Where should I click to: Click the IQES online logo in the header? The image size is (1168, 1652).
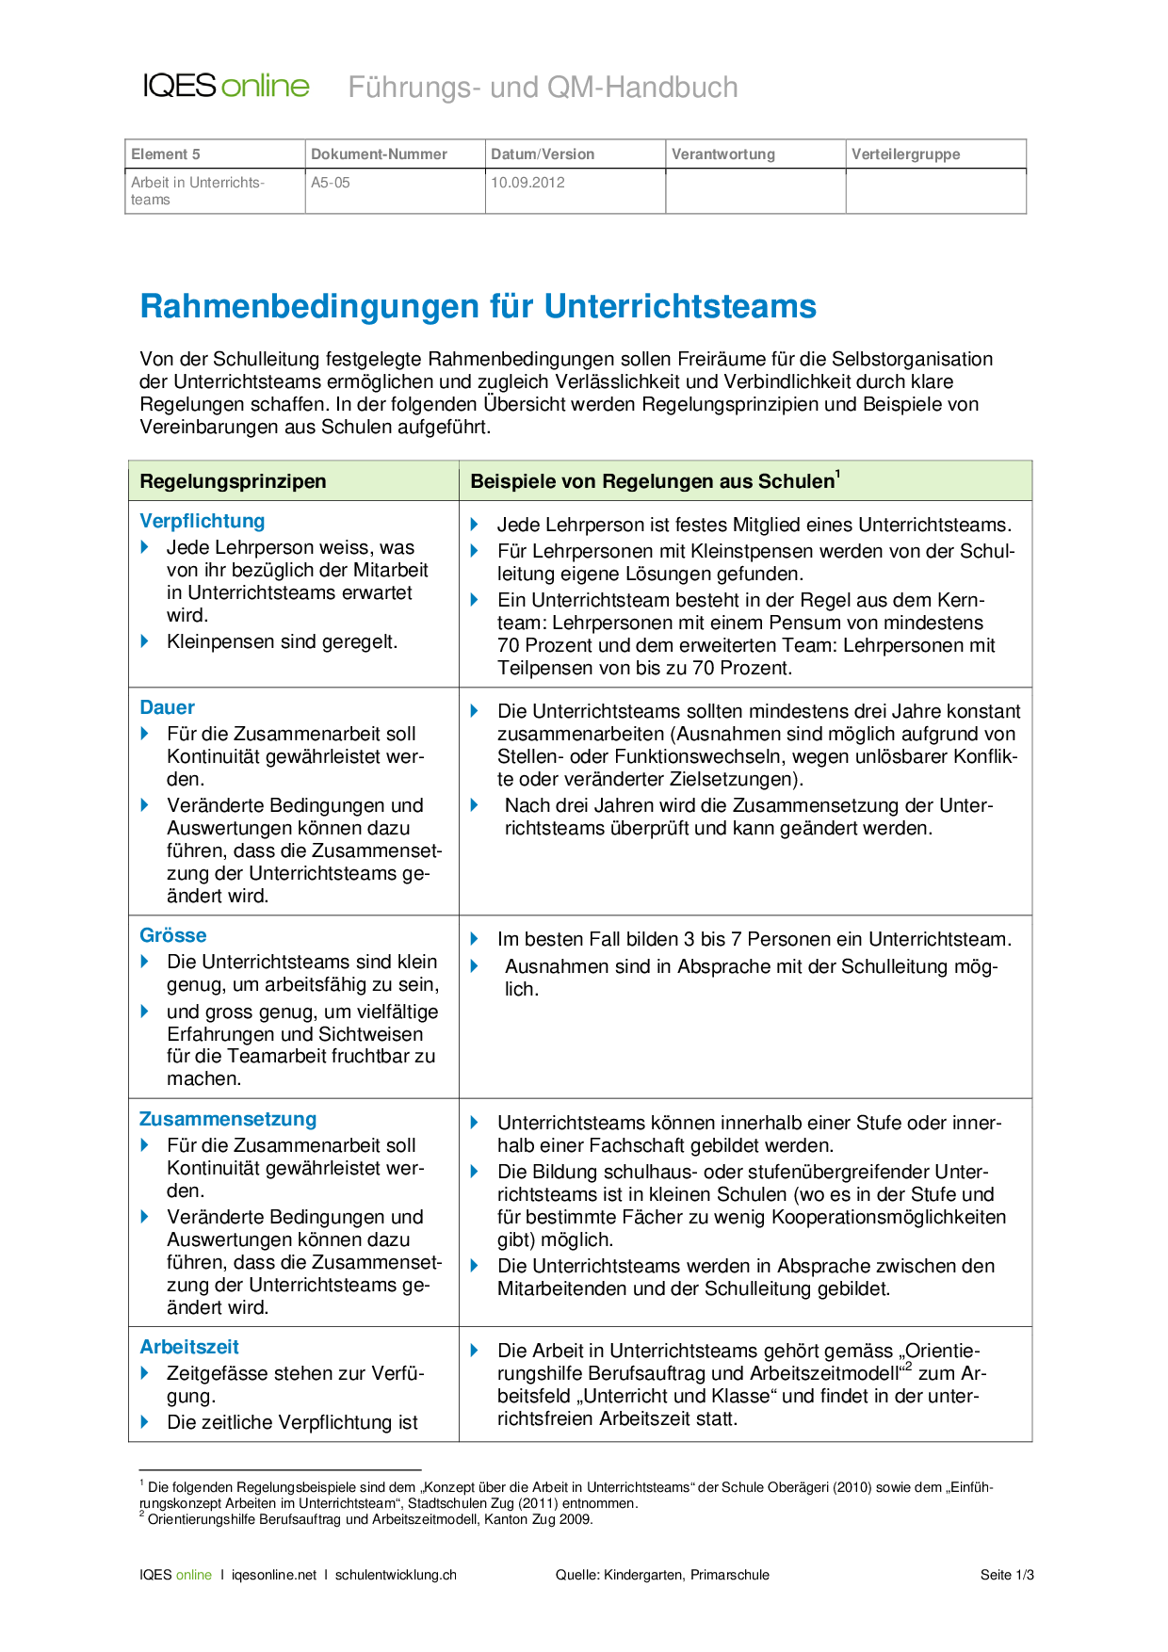tap(226, 86)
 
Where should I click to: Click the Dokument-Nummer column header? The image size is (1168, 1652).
tap(379, 154)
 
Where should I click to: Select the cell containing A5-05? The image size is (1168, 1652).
tap(331, 183)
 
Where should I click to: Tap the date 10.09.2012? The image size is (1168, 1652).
tap(527, 183)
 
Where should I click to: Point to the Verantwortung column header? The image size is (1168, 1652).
tap(722, 154)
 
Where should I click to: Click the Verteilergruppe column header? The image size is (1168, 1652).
tap(905, 154)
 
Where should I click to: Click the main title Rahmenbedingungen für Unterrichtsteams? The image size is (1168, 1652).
tap(478, 307)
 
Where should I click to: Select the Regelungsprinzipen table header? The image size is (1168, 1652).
tap(233, 481)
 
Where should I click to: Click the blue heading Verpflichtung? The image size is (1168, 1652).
tap(202, 521)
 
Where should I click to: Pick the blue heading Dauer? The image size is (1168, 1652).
tap(167, 707)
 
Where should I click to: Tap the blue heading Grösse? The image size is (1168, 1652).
tap(172, 935)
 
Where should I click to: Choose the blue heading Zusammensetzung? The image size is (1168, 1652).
tap(228, 1119)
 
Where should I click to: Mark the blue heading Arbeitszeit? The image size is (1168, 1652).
tap(189, 1347)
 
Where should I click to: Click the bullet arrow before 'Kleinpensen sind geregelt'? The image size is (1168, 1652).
tap(145, 641)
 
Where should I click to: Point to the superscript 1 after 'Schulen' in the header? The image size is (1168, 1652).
tap(838, 474)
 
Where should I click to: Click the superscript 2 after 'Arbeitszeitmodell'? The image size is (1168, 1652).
tap(908, 1368)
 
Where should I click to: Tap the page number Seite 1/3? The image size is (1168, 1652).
tap(1006, 1575)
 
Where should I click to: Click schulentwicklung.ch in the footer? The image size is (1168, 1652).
tap(396, 1575)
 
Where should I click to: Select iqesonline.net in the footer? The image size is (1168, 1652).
tap(274, 1575)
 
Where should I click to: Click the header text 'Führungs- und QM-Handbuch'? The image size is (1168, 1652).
tap(543, 88)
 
